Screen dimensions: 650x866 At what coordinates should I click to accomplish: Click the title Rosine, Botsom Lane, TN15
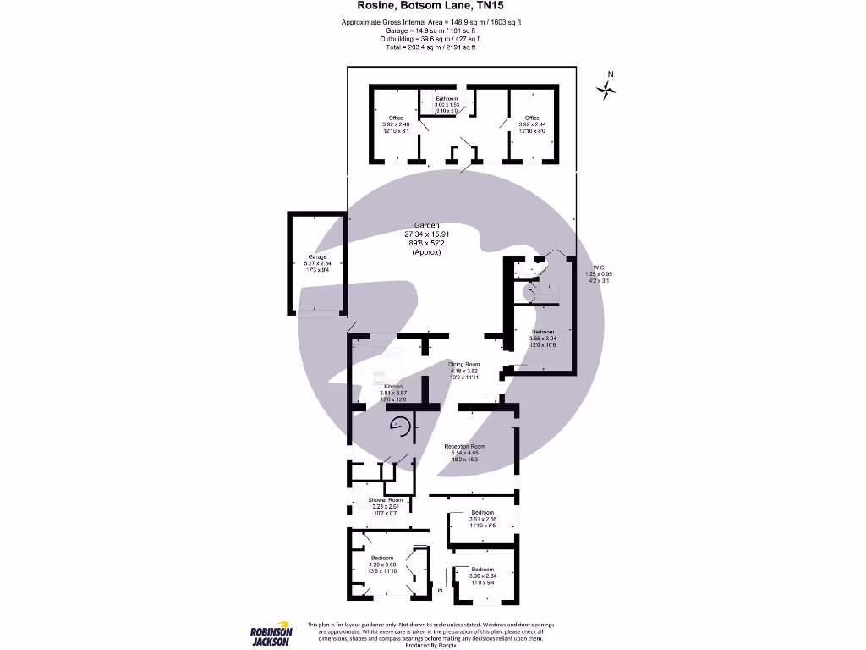click(432, 6)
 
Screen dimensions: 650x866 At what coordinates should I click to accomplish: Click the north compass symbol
click(606, 88)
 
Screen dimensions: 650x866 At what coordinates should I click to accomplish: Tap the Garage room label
click(317, 262)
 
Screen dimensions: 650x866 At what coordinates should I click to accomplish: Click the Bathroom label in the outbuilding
click(447, 104)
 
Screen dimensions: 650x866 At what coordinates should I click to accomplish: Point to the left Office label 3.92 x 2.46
click(396, 124)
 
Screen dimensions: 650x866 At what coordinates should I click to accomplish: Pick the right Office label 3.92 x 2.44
click(531, 124)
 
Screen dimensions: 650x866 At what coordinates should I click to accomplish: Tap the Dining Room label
click(463, 371)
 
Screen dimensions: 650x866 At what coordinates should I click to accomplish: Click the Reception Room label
click(465, 453)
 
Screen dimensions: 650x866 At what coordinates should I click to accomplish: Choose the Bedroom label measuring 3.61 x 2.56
click(483, 520)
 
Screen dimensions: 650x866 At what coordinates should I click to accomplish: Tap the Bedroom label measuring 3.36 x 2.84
click(483, 576)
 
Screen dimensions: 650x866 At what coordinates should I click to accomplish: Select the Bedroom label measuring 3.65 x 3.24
click(543, 338)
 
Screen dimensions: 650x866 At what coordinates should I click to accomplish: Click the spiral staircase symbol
click(399, 429)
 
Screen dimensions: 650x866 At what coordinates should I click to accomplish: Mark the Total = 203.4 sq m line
click(432, 47)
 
